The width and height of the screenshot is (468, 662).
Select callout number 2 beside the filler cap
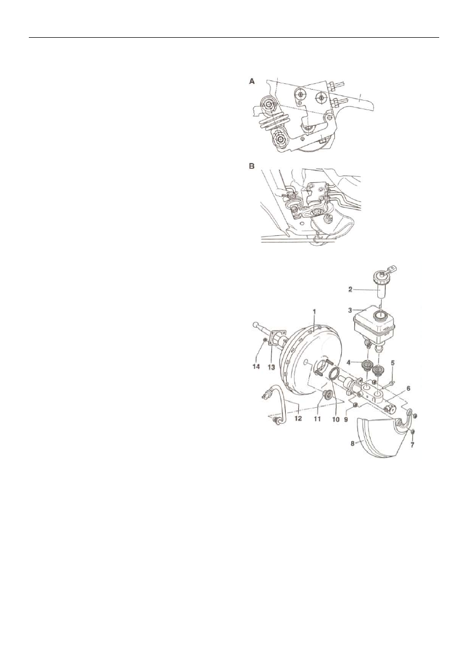click(x=350, y=288)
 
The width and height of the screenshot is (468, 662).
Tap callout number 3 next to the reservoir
click(x=350, y=310)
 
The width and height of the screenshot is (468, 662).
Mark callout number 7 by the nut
click(x=412, y=444)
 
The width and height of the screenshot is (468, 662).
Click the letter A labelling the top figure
click(x=252, y=82)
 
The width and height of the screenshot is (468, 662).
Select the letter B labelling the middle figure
click(x=252, y=166)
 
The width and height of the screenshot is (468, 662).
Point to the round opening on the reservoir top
click(x=379, y=316)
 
